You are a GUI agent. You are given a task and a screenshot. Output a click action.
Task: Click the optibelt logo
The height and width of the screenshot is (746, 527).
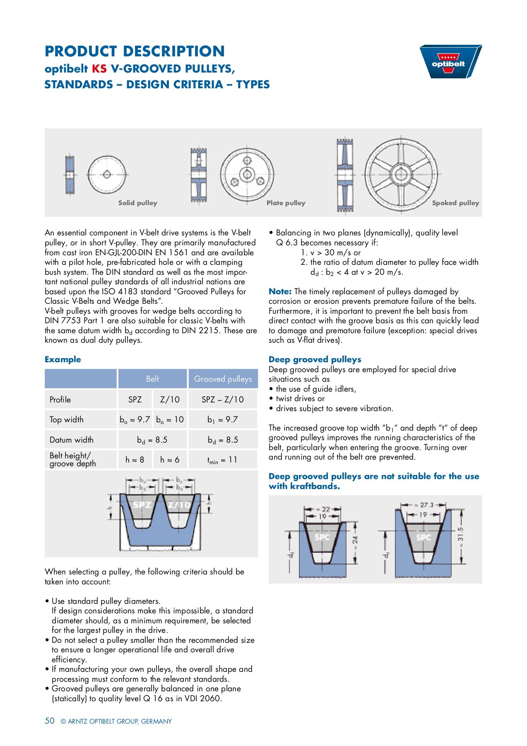[450, 62]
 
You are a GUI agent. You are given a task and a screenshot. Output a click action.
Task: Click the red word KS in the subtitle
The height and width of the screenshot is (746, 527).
[99, 69]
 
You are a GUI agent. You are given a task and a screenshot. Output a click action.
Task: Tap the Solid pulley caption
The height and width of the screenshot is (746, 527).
[137, 203]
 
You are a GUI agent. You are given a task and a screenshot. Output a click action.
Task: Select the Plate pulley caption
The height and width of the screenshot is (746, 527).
[286, 203]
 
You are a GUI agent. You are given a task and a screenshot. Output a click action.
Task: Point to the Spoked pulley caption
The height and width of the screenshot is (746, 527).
[455, 203]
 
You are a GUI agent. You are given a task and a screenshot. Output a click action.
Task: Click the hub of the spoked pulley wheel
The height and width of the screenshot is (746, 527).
[401, 174]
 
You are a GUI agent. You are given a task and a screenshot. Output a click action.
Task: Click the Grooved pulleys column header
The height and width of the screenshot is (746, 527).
[223, 379]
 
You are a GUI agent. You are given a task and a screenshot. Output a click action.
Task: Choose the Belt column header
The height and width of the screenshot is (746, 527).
[152, 379]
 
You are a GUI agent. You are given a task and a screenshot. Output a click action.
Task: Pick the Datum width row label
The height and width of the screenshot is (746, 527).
[71, 440]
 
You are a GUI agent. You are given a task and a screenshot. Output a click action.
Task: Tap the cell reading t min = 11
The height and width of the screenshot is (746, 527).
[222, 460]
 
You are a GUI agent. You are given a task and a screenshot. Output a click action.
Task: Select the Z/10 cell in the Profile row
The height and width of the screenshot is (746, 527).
[170, 400]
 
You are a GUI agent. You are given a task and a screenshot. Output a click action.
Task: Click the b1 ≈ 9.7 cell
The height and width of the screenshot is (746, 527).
[222, 420]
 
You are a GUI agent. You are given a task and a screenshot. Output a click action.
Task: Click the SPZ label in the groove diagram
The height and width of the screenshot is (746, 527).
[142, 505]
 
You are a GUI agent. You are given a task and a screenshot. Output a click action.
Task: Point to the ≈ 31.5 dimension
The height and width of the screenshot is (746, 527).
[461, 535]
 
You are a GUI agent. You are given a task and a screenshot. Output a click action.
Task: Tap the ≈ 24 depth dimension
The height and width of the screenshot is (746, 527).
[355, 540]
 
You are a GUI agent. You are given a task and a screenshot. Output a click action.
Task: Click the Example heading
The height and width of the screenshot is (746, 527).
[63, 360]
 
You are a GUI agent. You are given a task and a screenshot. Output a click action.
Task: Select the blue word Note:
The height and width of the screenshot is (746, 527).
[280, 292]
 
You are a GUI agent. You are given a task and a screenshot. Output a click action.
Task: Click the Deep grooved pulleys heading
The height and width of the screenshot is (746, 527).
[315, 360]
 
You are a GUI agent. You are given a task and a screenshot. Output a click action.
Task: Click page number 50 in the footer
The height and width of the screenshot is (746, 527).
[50, 721]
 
